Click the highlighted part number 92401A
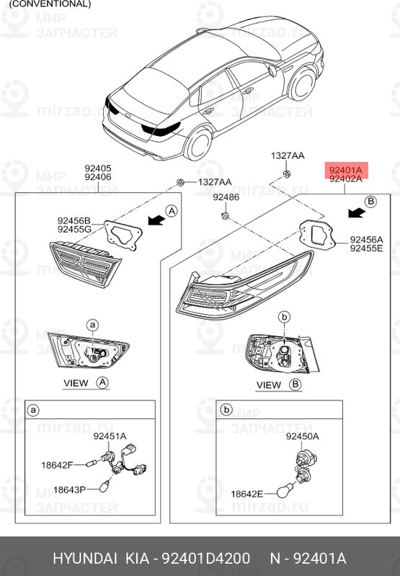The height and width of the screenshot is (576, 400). tap(346, 170)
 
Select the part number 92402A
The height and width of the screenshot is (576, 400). tap(346, 180)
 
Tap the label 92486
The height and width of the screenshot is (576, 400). tap(226, 197)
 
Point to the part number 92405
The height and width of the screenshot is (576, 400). tap(97, 167)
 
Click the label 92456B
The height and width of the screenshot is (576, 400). tap(74, 220)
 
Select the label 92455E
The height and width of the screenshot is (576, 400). tap(366, 248)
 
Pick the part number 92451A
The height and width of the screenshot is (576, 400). tap(110, 436)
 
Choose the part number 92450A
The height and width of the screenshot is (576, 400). tap(302, 436)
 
